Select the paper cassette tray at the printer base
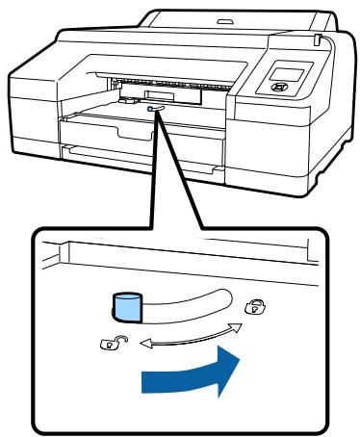[144, 159]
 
